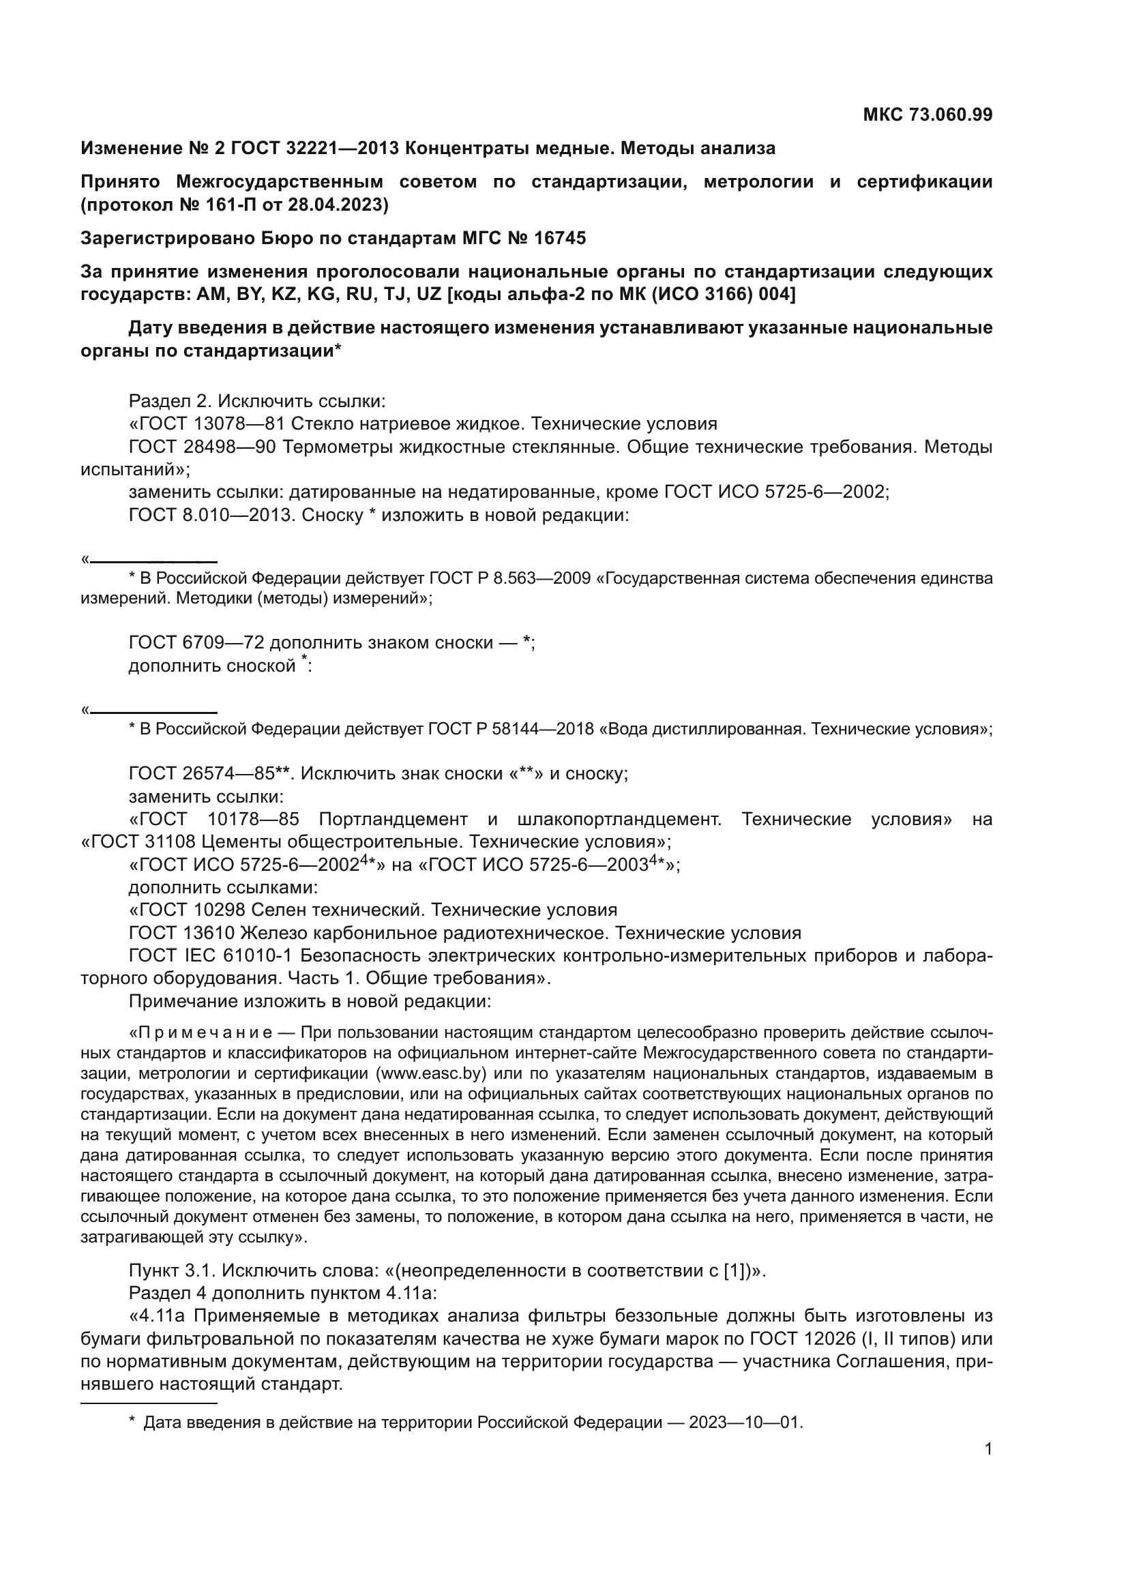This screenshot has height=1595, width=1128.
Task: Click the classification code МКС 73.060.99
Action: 927,115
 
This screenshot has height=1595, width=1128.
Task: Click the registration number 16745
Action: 559,238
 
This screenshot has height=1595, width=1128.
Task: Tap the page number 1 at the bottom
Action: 988,1448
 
